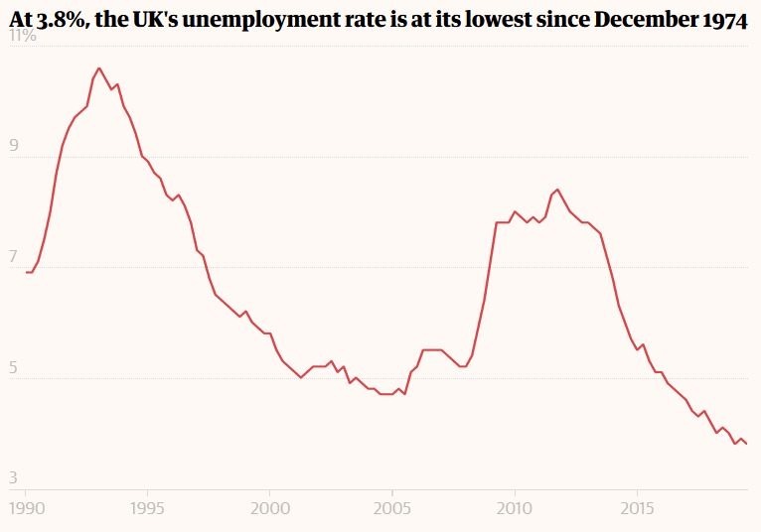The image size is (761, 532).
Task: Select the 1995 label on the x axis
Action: pos(147,507)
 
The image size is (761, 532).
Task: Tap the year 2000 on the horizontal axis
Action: pos(269,507)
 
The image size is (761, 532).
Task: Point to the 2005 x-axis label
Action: pos(392,507)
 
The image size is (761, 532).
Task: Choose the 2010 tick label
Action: pos(515,507)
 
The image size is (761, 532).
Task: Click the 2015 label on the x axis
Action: pos(637,507)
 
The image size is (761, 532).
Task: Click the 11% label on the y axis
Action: pos(22,36)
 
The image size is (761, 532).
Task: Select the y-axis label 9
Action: pos(15,146)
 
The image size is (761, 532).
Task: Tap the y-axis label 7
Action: pos(15,256)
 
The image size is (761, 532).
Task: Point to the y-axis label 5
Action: pos(15,366)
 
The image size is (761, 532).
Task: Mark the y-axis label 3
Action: pos(15,477)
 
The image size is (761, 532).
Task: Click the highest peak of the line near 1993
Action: pos(98,68)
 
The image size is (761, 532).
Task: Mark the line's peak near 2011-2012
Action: pos(557,189)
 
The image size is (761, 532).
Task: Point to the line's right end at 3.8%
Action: pos(746,443)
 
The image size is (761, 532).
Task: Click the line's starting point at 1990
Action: pos(26,272)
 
